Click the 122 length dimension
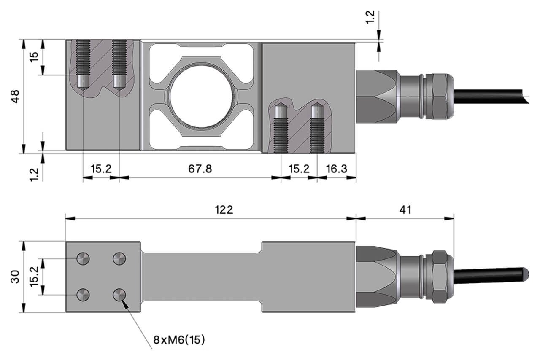coord(224,210)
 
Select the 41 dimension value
coord(405,210)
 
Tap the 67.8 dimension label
coord(200,169)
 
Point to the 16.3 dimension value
coord(336,169)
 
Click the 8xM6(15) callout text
coord(179,339)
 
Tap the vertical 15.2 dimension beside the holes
coord(34,277)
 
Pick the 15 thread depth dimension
coord(34,57)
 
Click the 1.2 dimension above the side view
coord(370,18)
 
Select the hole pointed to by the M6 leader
coord(119,295)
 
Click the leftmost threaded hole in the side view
coord(83,63)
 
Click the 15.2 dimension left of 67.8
coord(101,169)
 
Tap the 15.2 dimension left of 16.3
coord(299,169)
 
